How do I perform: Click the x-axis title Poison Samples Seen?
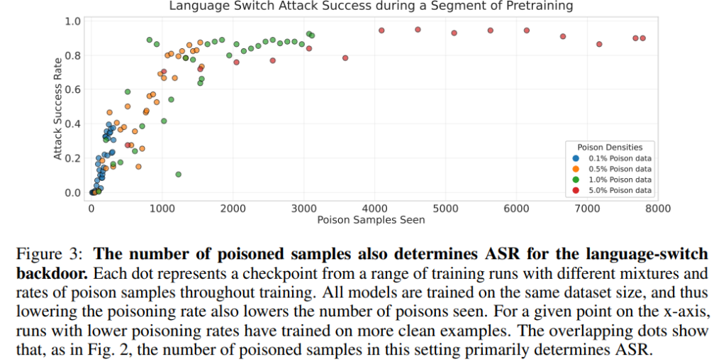coord(371,220)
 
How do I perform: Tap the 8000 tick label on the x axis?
coord(658,208)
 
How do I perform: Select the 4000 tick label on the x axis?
coord(374,208)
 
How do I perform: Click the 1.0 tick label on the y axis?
coord(73,21)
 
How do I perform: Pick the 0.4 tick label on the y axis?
coord(73,124)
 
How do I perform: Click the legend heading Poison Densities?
coord(610,148)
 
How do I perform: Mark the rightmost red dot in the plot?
coord(643,38)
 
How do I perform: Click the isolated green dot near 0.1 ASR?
coord(178,175)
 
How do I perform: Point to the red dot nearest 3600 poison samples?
coord(345,58)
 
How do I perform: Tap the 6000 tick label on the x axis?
coord(516,208)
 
